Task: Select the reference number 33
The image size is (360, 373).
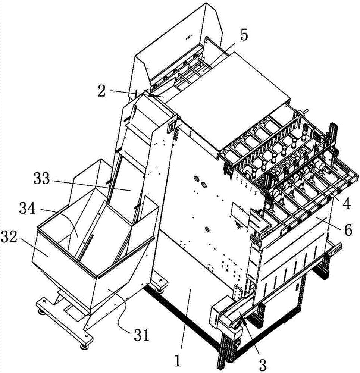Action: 42,179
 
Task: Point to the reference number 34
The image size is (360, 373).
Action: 28,209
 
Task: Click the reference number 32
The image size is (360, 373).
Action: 9,237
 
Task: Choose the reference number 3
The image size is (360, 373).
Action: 262,364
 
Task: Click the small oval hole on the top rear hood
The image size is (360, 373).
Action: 188,37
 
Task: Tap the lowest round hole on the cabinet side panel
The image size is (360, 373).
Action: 207,229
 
